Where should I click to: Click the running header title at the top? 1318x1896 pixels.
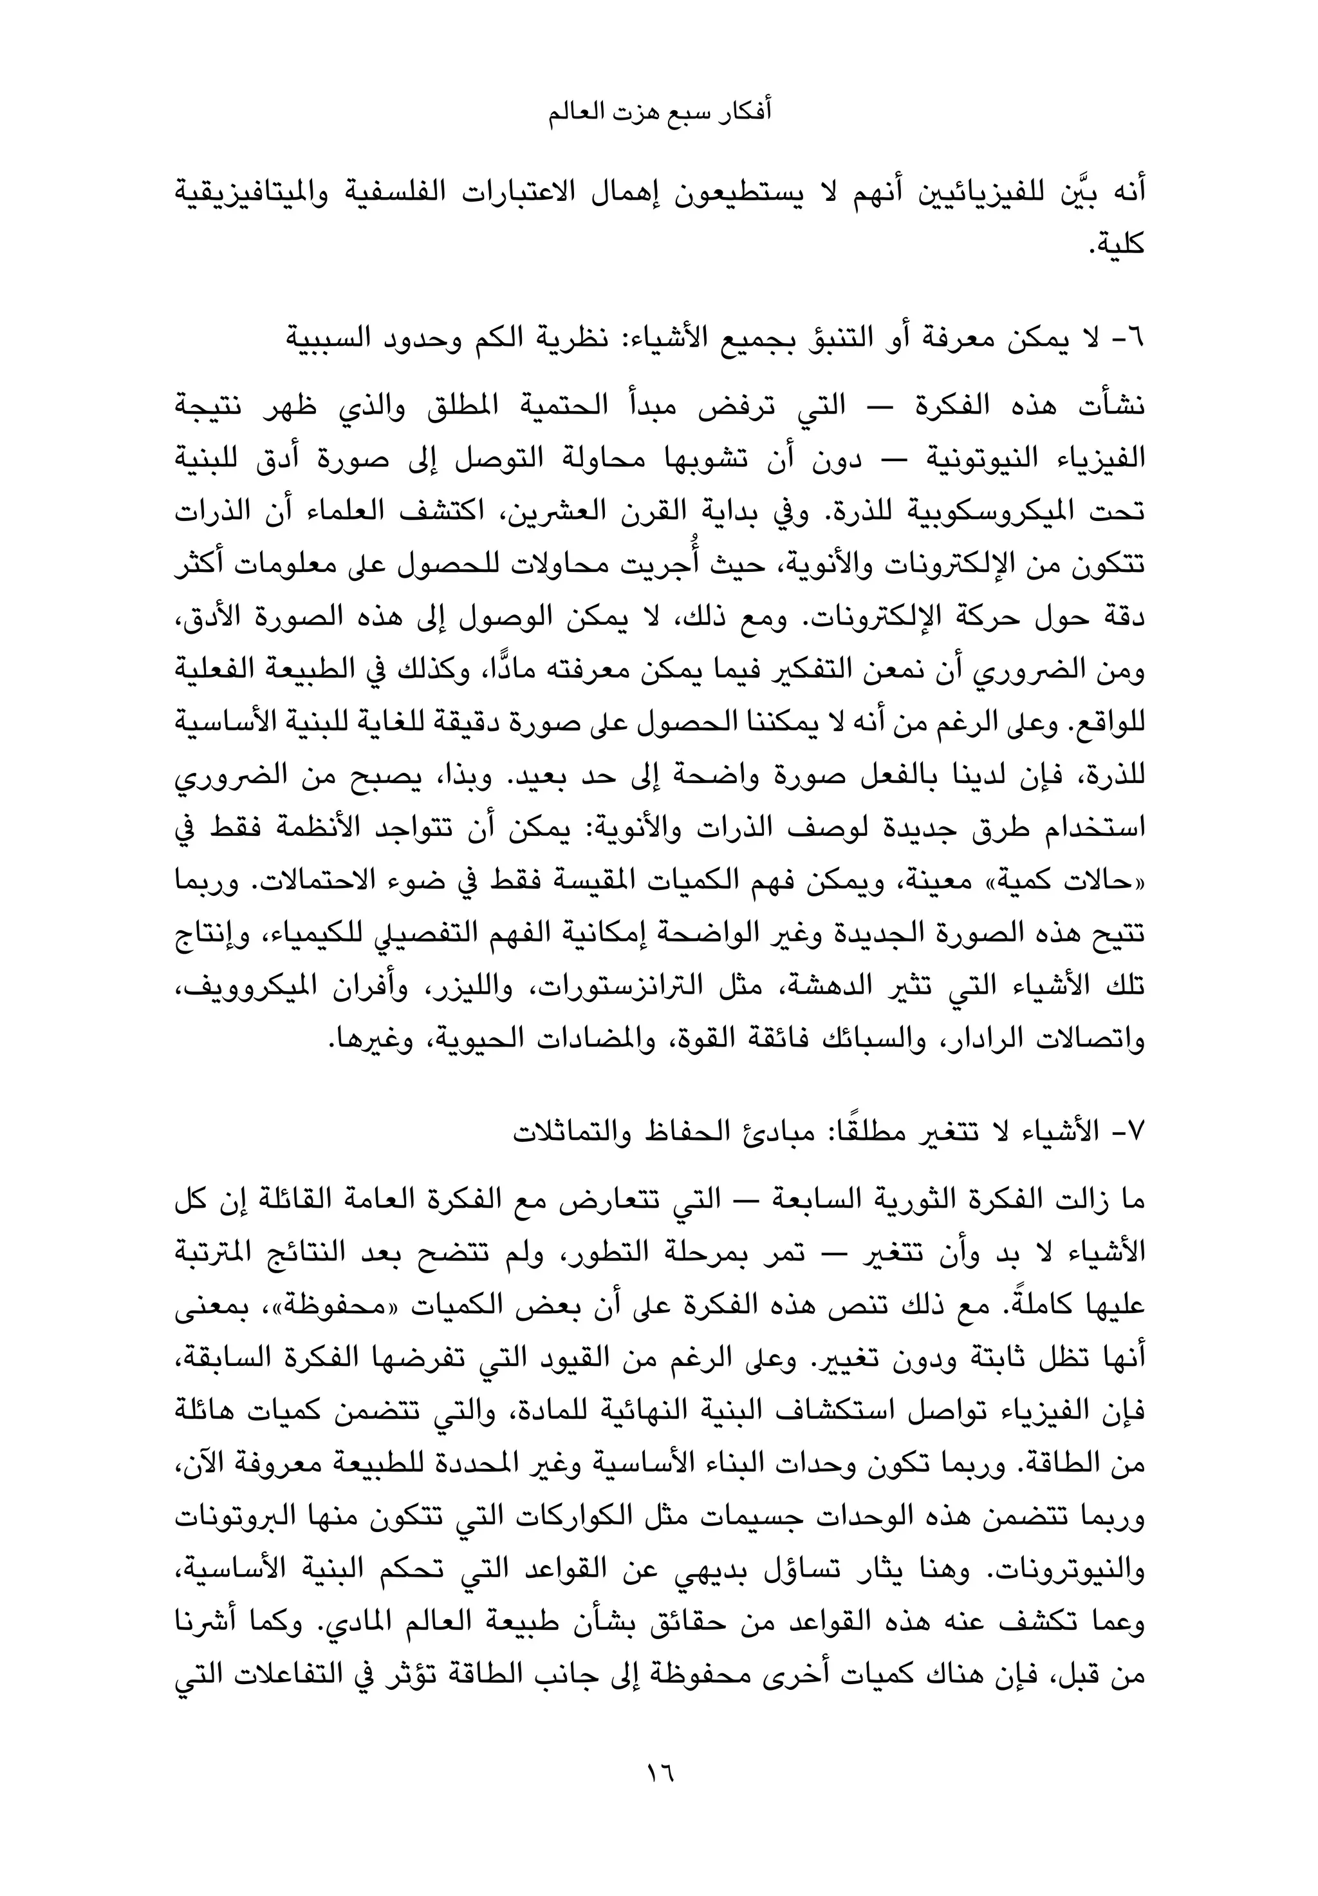660,113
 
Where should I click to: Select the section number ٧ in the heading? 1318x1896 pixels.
1137,1130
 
